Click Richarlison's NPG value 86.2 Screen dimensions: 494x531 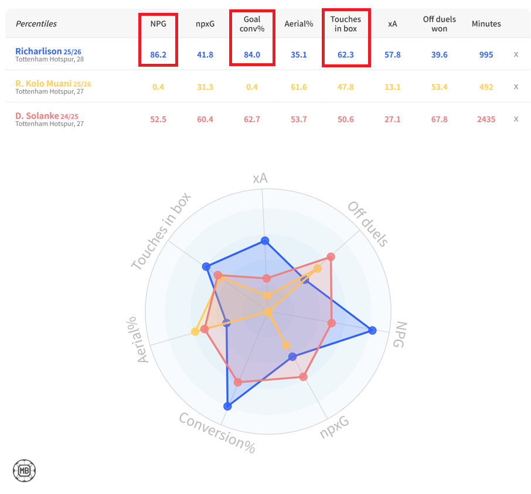(x=158, y=54)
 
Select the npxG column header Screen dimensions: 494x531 (x=205, y=24)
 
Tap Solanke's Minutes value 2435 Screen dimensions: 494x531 (x=486, y=119)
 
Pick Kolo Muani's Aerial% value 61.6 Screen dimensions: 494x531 (x=298, y=87)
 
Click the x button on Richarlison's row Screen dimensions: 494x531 (x=516, y=54)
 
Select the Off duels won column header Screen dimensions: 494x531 (x=439, y=24)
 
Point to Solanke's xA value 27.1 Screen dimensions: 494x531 (x=392, y=119)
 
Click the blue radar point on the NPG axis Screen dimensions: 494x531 (x=372, y=331)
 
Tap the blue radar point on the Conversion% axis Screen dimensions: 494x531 (x=228, y=406)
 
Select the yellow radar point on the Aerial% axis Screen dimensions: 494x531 (x=195, y=332)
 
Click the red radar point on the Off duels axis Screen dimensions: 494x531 (x=331, y=256)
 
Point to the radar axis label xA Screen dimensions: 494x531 (x=260, y=179)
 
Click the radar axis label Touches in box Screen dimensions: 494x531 (x=161, y=231)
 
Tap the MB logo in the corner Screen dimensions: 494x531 (x=25, y=470)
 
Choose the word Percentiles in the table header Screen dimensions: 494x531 (x=36, y=24)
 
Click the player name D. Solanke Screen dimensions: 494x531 (x=38, y=116)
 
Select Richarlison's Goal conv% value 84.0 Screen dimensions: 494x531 (x=252, y=54)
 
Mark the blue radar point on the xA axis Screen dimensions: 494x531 (x=265, y=241)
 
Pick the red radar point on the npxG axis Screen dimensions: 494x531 (x=304, y=377)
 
